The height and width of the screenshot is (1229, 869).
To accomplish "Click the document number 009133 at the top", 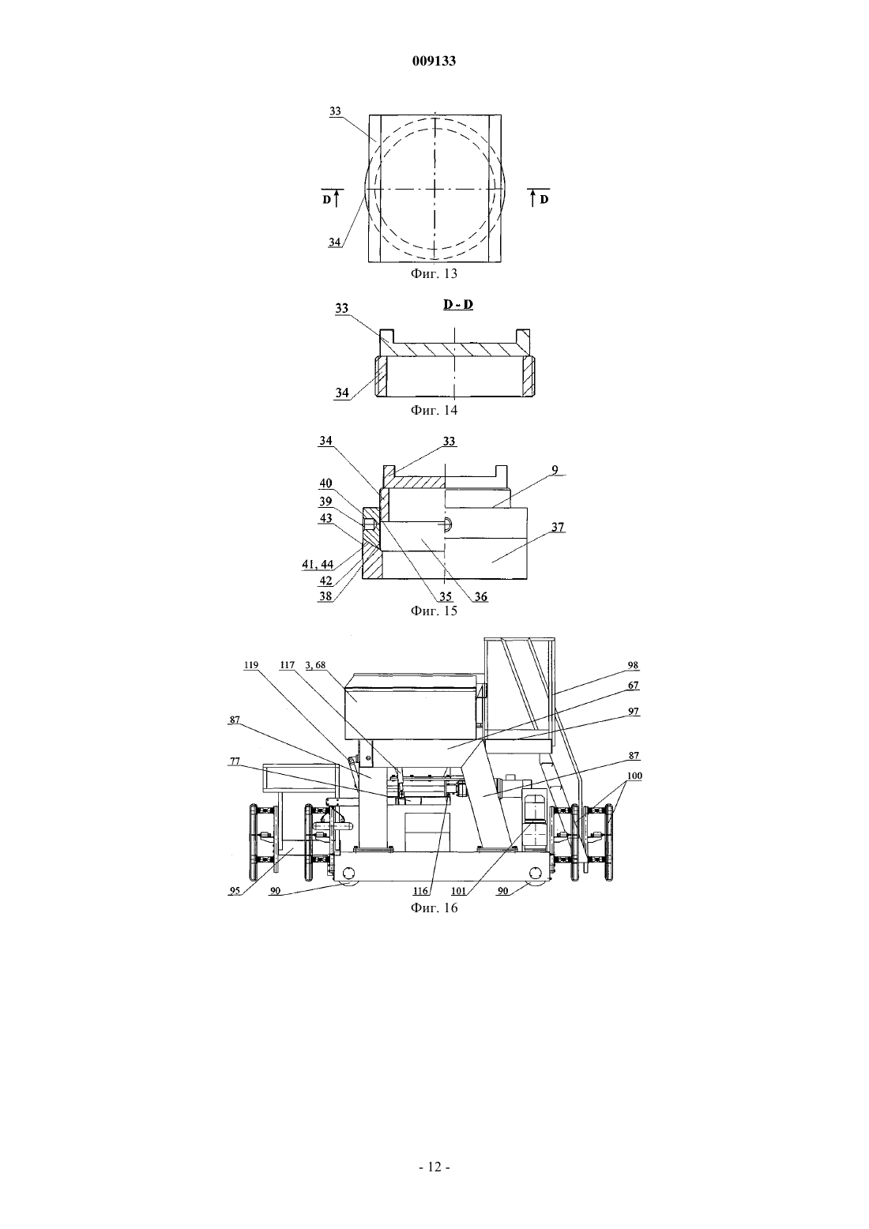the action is (x=434, y=61).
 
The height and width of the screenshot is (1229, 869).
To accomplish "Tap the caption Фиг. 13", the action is (x=434, y=273).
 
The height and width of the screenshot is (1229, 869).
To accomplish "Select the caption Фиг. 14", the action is (x=434, y=410).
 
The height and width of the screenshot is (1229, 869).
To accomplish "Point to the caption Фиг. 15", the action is (x=434, y=611).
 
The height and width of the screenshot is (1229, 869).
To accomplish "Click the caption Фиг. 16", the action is (x=434, y=908).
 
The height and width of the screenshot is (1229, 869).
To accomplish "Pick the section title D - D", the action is (x=458, y=304).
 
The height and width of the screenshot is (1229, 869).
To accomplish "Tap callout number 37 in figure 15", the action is (x=558, y=527).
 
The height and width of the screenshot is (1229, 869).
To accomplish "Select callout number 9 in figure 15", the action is (x=555, y=470).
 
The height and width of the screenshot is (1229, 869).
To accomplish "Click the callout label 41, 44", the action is (x=318, y=564).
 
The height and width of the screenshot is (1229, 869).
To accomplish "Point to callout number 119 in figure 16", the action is (x=250, y=665).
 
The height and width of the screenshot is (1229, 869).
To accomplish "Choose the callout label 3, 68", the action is (x=315, y=665).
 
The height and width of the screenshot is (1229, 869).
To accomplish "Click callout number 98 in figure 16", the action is (x=633, y=665).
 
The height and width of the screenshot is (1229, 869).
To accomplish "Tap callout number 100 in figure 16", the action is (x=634, y=776).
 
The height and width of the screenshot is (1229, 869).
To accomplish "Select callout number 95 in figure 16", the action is (x=235, y=890).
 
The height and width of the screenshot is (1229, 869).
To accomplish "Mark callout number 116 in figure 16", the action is (x=421, y=891).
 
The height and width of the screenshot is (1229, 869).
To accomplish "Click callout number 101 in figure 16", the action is (x=458, y=891).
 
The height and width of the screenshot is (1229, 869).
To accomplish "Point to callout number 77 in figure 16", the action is (x=235, y=761).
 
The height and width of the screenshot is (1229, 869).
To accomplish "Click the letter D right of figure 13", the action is (x=544, y=199).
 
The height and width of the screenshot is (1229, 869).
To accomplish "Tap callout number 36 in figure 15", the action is (x=480, y=596).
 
